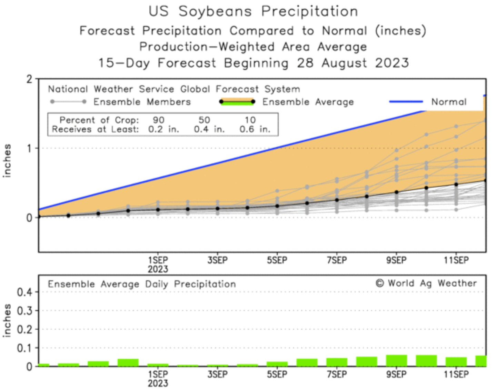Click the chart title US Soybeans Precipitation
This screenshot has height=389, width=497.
[253, 11]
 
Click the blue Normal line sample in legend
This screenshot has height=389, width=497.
[406, 102]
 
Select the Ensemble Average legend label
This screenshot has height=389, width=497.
[308, 102]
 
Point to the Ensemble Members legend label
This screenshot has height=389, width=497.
[142, 102]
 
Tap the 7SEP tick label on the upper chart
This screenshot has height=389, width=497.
[337, 260]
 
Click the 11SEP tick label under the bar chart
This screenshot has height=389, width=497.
[456, 375]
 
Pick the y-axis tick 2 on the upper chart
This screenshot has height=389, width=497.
[30, 79]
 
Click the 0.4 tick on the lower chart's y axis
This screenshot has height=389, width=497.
[24, 292]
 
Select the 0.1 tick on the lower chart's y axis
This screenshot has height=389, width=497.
[24, 348]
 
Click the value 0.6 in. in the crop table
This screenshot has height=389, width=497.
[255, 129]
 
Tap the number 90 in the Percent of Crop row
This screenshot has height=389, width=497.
[158, 120]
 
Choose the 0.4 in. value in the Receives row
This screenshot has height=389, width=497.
[209, 129]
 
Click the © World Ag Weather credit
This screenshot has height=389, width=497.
[426, 283]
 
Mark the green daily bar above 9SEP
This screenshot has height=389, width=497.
[396, 360]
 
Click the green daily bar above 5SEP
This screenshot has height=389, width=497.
[277, 364]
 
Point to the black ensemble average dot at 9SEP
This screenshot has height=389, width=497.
[396, 192]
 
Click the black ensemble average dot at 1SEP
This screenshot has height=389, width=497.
[158, 210]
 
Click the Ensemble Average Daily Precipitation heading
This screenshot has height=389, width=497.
[142, 284]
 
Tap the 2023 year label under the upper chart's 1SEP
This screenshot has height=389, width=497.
[158, 269]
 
